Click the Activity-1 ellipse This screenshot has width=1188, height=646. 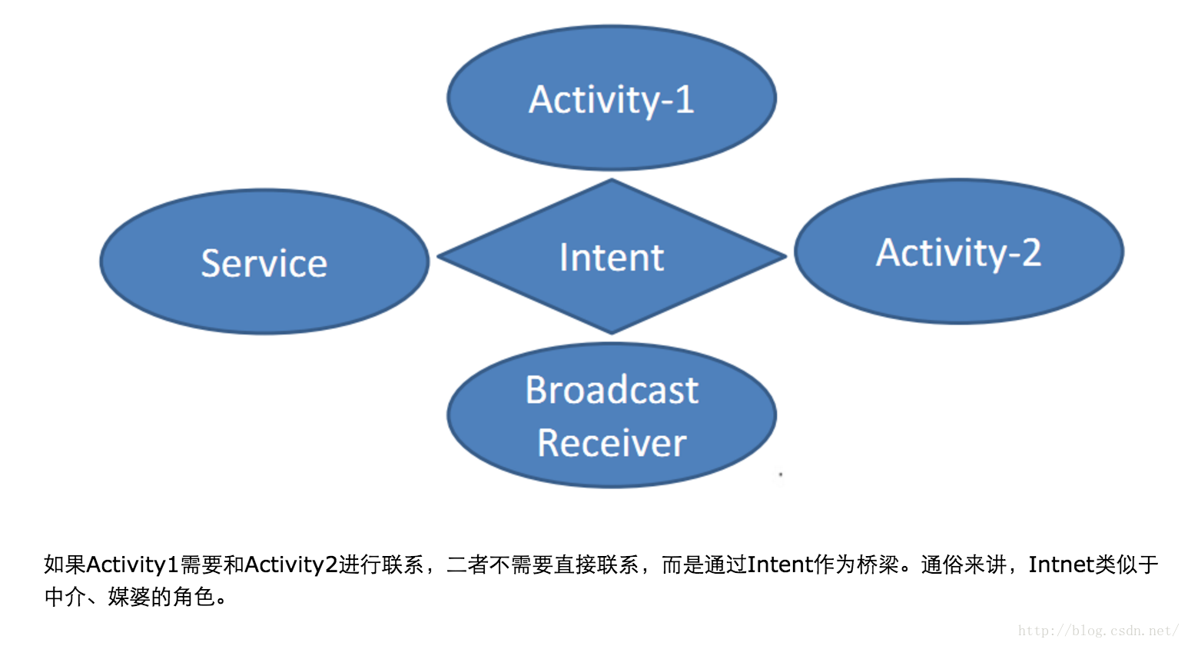[612, 98]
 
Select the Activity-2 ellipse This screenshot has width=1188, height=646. [959, 251]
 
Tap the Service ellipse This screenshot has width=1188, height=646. [264, 261]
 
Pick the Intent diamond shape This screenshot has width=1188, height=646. [612, 256]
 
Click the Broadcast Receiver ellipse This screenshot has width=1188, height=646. [612, 415]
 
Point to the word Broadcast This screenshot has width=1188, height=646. [612, 390]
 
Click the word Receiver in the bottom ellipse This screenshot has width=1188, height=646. [612, 443]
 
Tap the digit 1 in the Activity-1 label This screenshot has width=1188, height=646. [685, 99]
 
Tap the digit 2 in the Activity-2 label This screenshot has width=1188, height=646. [1030, 252]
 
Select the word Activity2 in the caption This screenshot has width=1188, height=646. [291, 564]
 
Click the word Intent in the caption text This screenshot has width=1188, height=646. [780, 564]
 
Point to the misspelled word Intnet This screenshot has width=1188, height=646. [1062, 564]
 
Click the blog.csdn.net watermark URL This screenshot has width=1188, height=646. [1098, 631]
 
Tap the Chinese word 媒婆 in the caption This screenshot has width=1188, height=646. [129, 597]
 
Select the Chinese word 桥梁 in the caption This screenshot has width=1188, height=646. [878, 564]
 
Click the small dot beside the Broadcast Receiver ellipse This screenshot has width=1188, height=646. [781, 475]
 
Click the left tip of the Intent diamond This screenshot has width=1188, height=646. [437, 256]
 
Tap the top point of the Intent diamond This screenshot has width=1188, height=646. [612, 179]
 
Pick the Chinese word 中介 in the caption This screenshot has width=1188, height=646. [65, 597]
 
